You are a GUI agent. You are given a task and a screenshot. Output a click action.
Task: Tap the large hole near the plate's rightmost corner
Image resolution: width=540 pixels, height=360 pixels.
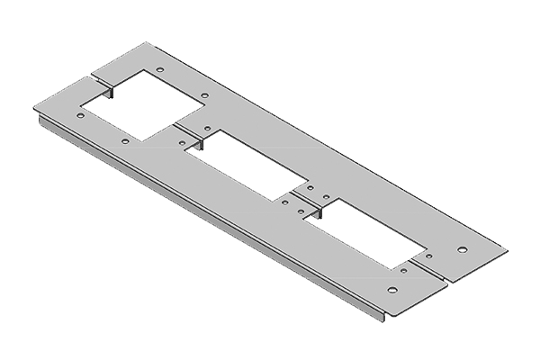pyautogui.click(x=462, y=248)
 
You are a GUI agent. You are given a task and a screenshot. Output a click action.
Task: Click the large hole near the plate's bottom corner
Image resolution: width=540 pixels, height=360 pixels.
pyautogui.click(x=391, y=290)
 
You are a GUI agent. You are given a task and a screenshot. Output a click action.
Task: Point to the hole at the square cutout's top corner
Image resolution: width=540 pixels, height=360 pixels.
pyautogui.click(x=159, y=68)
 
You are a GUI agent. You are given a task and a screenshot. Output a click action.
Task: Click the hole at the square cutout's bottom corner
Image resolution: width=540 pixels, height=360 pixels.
pyautogui.click(x=124, y=141)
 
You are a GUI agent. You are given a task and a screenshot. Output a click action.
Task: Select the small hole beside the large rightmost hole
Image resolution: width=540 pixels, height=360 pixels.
pyautogui.click(x=427, y=255)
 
